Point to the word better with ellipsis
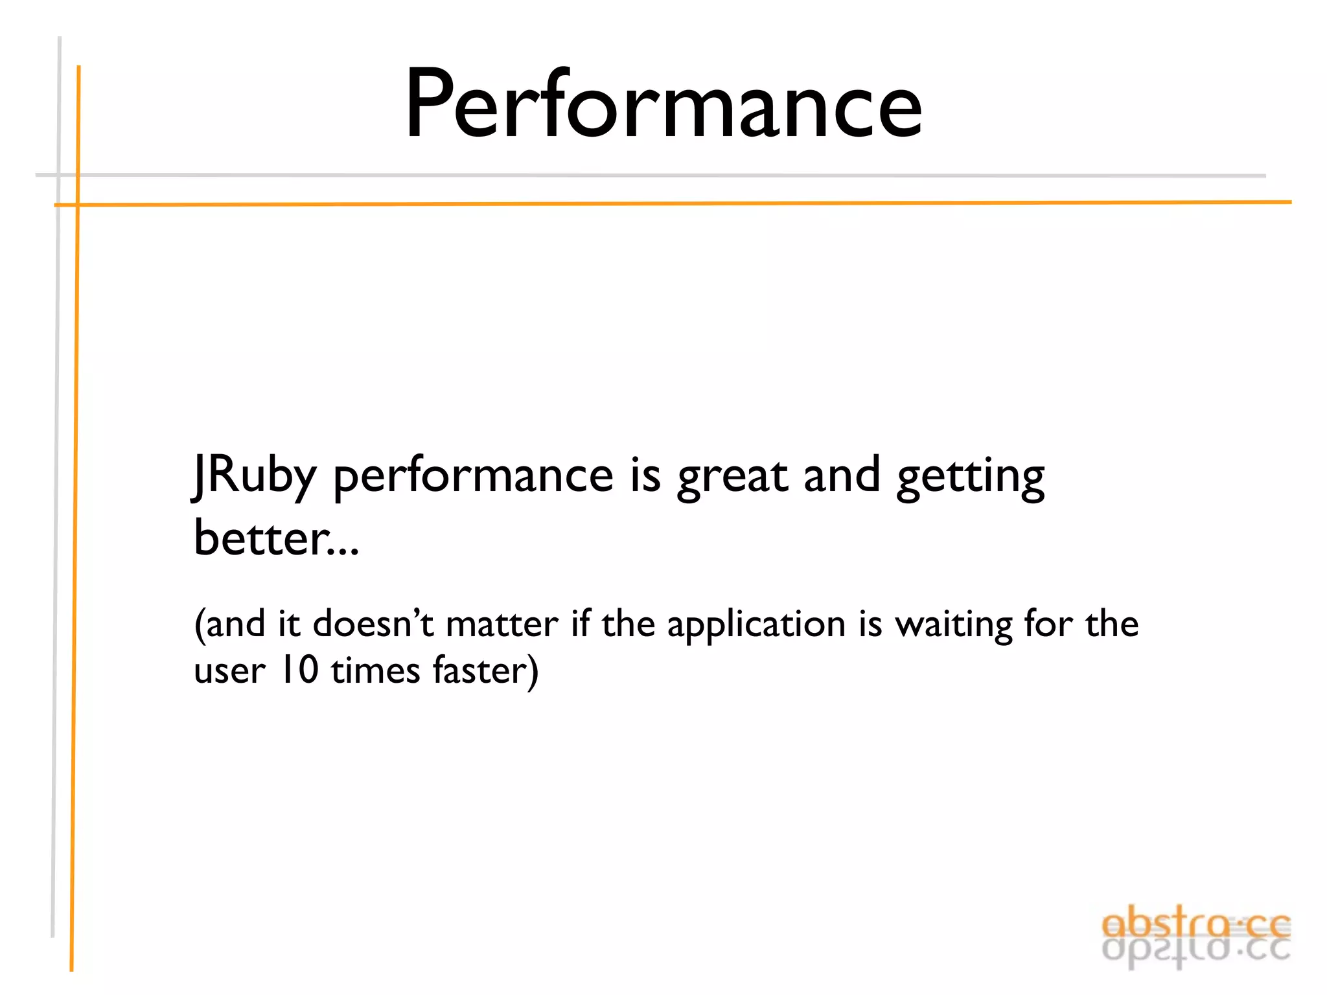click(275, 538)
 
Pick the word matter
click(502, 624)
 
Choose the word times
click(375, 670)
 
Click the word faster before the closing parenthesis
click(480, 670)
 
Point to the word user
click(229, 671)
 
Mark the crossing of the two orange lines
click(78, 205)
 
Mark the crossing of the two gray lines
click(59, 175)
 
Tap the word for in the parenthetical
click(1048, 624)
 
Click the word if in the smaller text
click(581, 624)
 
